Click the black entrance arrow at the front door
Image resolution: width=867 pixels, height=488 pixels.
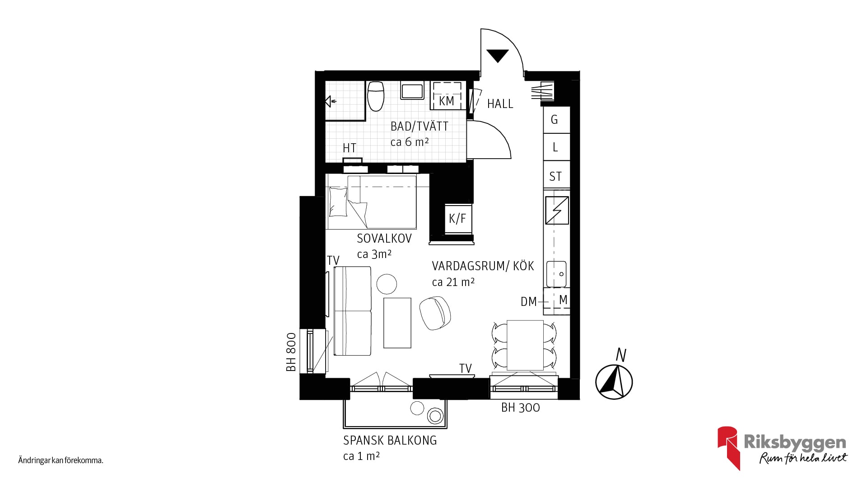pyautogui.click(x=498, y=55)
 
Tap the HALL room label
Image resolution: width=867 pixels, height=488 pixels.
pyautogui.click(x=500, y=104)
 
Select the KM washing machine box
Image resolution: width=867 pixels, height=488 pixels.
pyautogui.click(x=447, y=95)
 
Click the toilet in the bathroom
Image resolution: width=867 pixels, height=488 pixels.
pyautogui.click(x=375, y=96)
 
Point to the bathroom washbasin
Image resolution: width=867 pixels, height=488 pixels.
pyautogui.click(x=412, y=90)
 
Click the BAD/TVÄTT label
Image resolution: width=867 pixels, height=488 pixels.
pyautogui.click(x=420, y=126)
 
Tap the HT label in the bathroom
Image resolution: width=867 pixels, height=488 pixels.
pyautogui.click(x=350, y=148)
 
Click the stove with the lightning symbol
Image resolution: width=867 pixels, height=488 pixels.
pyautogui.click(x=556, y=210)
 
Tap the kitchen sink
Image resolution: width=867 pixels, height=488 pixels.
pyautogui.click(x=556, y=273)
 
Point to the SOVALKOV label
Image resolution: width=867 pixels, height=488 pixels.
pyautogui.click(x=384, y=239)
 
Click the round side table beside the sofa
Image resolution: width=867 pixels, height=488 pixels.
pyautogui.click(x=387, y=284)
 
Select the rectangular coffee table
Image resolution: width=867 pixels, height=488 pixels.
pyautogui.click(x=397, y=323)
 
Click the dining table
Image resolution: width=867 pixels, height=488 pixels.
pyautogui.click(x=525, y=345)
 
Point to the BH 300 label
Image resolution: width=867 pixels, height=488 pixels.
pyautogui.click(x=521, y=408)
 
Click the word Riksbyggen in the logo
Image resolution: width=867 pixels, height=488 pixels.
pyautogui.click(x=795, y=442)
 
